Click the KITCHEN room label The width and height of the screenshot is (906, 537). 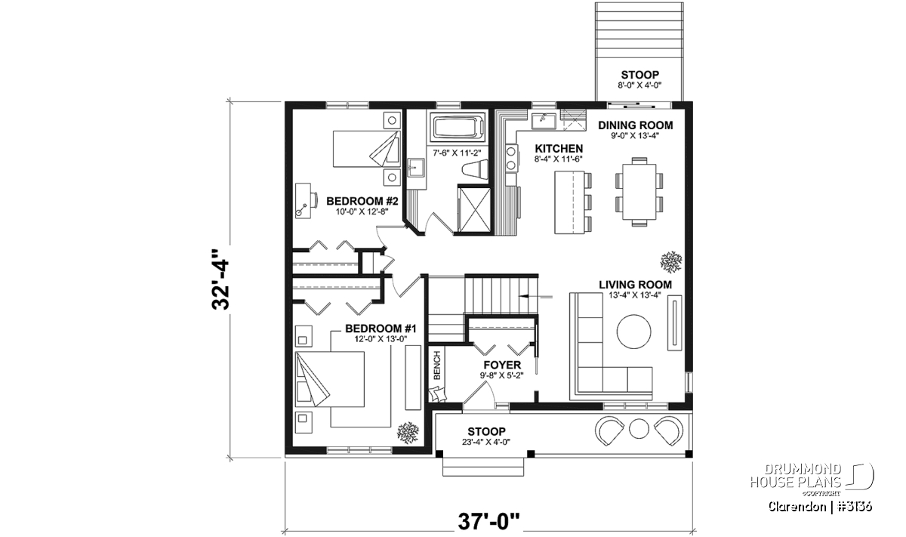click(559, 149)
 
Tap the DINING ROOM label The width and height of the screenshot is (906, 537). click(636, 125)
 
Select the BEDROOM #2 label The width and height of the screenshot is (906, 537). click(362, 201)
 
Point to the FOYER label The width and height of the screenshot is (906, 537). click(502, 365)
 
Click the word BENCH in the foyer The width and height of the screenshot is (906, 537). click(437, 366)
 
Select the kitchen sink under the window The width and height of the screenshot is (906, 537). click(544, 121)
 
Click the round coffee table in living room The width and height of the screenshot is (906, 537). click(633, 332)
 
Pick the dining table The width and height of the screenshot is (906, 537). click(639, 191)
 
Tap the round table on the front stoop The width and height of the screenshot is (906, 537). click(639, 428)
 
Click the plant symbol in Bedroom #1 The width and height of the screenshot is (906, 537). click(408, 433)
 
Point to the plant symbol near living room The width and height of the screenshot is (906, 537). click(671, 262)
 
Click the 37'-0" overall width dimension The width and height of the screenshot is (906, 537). click(489, 522)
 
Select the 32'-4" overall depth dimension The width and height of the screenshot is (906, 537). click(220, 279)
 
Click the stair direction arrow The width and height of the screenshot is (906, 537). click(535, 297)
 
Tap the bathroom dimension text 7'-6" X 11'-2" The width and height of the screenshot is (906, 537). click(457, 153)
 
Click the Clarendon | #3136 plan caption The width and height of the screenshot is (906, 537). click(820, 507)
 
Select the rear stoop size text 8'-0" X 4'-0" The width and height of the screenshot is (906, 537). click(639, 85)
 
